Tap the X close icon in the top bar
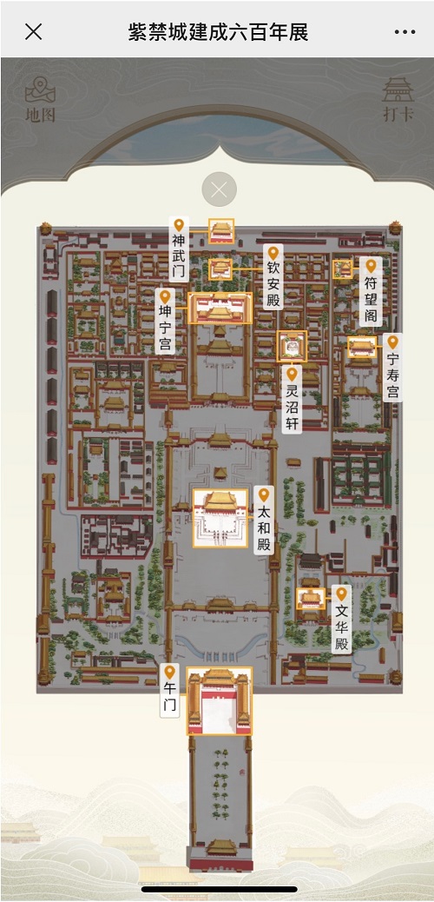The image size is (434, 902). click(34, 32)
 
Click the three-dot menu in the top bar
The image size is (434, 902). click(404, 32)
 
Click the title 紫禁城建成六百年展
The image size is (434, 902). click(217, 33)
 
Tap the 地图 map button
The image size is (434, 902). click(39, 100)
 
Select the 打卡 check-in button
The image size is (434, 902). click(398, 100)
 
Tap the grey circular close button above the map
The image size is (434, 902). click(219, 189)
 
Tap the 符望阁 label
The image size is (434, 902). click(371, 295)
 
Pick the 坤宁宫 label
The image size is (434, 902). click(166, 327)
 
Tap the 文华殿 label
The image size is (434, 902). click(341, 624)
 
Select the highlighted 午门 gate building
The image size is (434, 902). click(220, 700)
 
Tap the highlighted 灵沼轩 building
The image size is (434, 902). click(292, 346)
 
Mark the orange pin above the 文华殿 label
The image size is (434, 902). click(341, 594)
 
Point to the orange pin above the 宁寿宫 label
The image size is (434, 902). click(393, 342)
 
